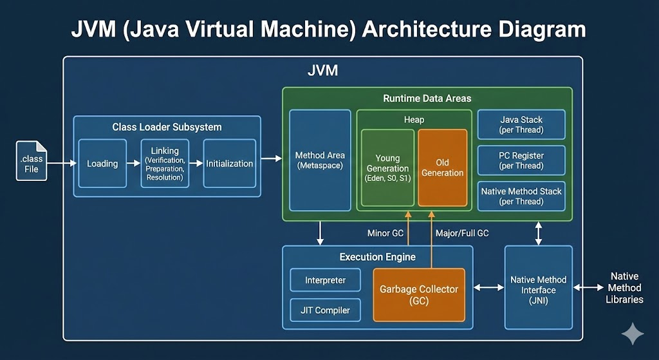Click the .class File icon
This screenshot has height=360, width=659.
32,161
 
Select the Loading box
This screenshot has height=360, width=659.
102,164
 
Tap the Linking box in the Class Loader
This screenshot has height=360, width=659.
165,164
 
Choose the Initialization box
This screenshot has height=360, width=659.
230,164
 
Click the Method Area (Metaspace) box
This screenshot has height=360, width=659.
320,160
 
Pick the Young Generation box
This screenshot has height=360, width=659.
387,168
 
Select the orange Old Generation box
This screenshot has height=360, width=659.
443,168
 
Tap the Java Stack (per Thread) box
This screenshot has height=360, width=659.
521,125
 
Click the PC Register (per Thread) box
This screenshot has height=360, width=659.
521,160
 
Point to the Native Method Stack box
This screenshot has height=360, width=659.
521,196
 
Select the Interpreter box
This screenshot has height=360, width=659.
325,280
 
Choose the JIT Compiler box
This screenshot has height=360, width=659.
325,310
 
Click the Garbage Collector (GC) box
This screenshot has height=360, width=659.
419,295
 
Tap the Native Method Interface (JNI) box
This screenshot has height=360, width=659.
539,288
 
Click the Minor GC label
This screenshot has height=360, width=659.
385,233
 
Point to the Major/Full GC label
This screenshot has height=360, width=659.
462,233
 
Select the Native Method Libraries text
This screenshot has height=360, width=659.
624,288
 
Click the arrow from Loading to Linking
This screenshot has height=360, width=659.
134,163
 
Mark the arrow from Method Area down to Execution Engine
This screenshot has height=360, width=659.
320,233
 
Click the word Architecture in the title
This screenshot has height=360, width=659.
427,30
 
